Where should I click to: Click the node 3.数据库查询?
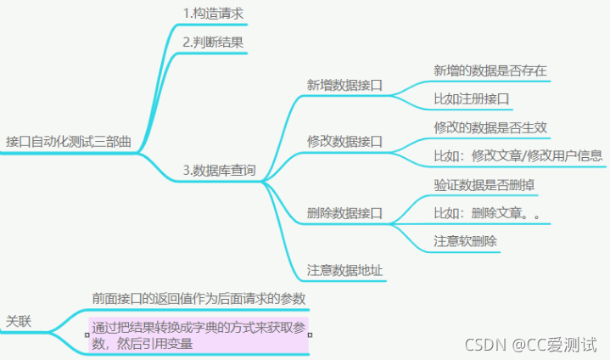click(219, 170)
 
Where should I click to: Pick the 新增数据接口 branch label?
click(344, 85)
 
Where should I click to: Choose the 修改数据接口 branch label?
click(344, 141)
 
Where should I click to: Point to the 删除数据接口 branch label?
click(344, 212)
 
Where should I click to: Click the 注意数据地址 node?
click(344, 270)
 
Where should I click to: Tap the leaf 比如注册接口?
click(471, 98)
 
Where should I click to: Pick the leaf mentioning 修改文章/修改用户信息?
click(518, 155)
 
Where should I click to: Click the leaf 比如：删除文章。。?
click(487, 212)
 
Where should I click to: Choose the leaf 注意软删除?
click(465, 241)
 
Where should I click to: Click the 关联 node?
click(20, 320)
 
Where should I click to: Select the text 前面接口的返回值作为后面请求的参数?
click(199, 298)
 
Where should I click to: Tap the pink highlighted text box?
click(199, 335)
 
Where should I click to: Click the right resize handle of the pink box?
click(310, 335)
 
